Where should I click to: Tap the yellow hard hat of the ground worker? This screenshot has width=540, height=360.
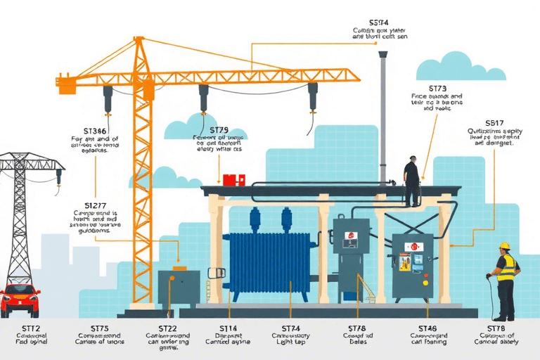coord(504,246)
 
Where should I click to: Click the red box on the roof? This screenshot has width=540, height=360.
coord(231,179)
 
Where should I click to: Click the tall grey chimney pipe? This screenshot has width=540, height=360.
coord(383,116)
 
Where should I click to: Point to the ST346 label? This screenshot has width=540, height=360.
coord(95,131)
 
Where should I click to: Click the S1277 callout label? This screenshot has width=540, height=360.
coord(96,205)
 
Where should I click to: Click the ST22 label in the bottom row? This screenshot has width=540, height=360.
coord(167,328)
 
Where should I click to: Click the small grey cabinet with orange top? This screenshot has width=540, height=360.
coord(179,287)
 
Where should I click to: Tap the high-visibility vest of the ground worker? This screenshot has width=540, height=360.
coord(506,268)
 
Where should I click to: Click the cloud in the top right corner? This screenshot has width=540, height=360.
coord(461,67)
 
